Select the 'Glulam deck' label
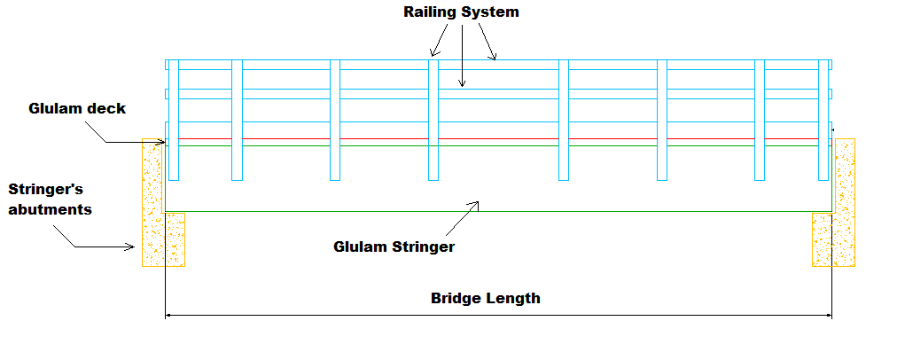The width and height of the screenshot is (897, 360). click(x=77, y=108)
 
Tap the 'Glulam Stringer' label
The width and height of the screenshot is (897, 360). click(x=394, y=247)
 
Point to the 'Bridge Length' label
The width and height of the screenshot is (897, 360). click(x=485, y=298)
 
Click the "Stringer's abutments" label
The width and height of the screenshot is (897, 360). click(x=50, y=200)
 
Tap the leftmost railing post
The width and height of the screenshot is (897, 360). click(x=174, y=120)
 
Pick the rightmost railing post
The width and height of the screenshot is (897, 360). click(x=823, y=120)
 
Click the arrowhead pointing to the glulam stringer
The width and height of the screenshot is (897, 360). click(x=477, y=205)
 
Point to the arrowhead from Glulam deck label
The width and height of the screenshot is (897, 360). click(x=162, y=142)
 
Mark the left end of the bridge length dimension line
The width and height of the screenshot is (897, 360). click(x=166, y=315)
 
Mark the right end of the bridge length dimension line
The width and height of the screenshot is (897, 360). click(x=831, y=315)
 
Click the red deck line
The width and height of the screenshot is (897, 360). click(x=496, y=138)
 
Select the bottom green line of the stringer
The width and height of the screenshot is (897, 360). click(x=496, y=211)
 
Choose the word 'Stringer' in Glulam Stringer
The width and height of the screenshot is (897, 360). click(x=420, y=247)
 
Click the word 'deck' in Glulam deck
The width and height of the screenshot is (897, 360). click(x=107, y=108)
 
